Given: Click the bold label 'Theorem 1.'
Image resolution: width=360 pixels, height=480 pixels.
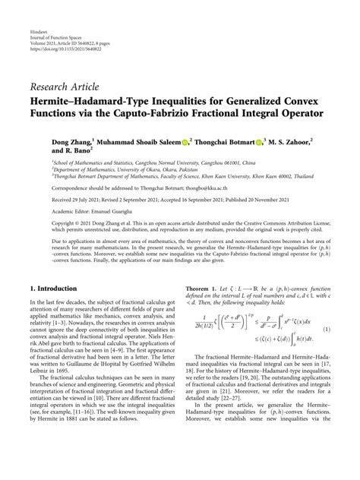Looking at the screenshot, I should (203, 289).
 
